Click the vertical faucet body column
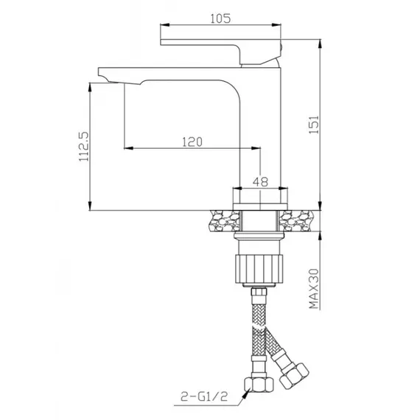tap(259, 133)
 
